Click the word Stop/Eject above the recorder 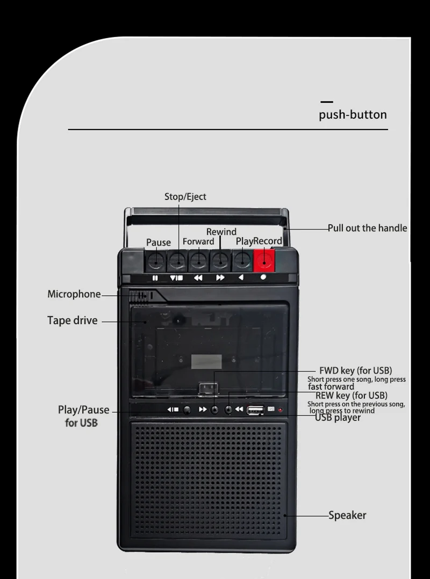point(185,197)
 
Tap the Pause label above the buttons point(159,242)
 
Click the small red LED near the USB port point(280,410)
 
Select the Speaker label point(347,515)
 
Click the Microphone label point(74,294)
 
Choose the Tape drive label point(73,320)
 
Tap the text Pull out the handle point(368,228)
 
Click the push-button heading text point(353,115)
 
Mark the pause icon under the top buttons point(155,278)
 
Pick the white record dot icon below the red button point(263,278)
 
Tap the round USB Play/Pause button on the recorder point(187,410)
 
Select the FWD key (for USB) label point(355,370)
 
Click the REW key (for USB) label point(352,396)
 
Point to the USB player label point(338,417)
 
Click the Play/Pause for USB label point(83,416)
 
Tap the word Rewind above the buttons point(221,232)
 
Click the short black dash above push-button point(326,102)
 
